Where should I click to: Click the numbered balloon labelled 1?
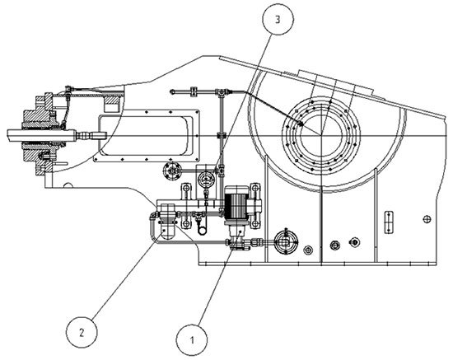click(x=192, y=340)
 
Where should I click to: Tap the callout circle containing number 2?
click(x=82, y=333)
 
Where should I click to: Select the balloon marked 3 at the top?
click(x=278, y=19)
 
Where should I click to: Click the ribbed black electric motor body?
click(x=236, y=205)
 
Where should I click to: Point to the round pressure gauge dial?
click(x=206, y=179)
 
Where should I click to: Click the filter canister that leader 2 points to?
click(x=167, y=222)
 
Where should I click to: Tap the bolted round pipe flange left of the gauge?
click(x=172, y=171)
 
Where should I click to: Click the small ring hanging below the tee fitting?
click(x=202, y=231)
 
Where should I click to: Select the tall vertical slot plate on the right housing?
click(x=389, y=222)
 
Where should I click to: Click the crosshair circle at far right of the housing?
click(x=427, y=219)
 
